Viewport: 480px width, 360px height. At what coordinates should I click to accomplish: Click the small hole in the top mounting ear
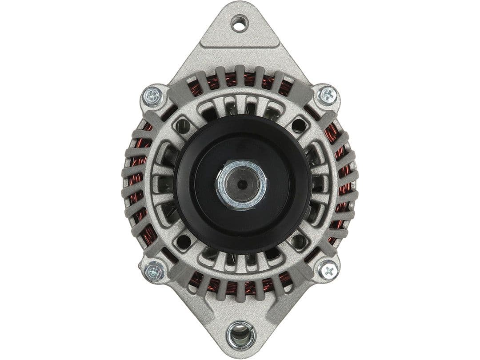point(240,23)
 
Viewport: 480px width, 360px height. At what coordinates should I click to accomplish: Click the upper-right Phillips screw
point(328,94)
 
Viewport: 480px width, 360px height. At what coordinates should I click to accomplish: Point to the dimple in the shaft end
point(240,184)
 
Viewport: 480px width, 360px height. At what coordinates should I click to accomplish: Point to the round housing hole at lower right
point(297,242)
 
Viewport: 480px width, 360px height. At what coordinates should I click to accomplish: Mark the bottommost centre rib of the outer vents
point(240,293)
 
